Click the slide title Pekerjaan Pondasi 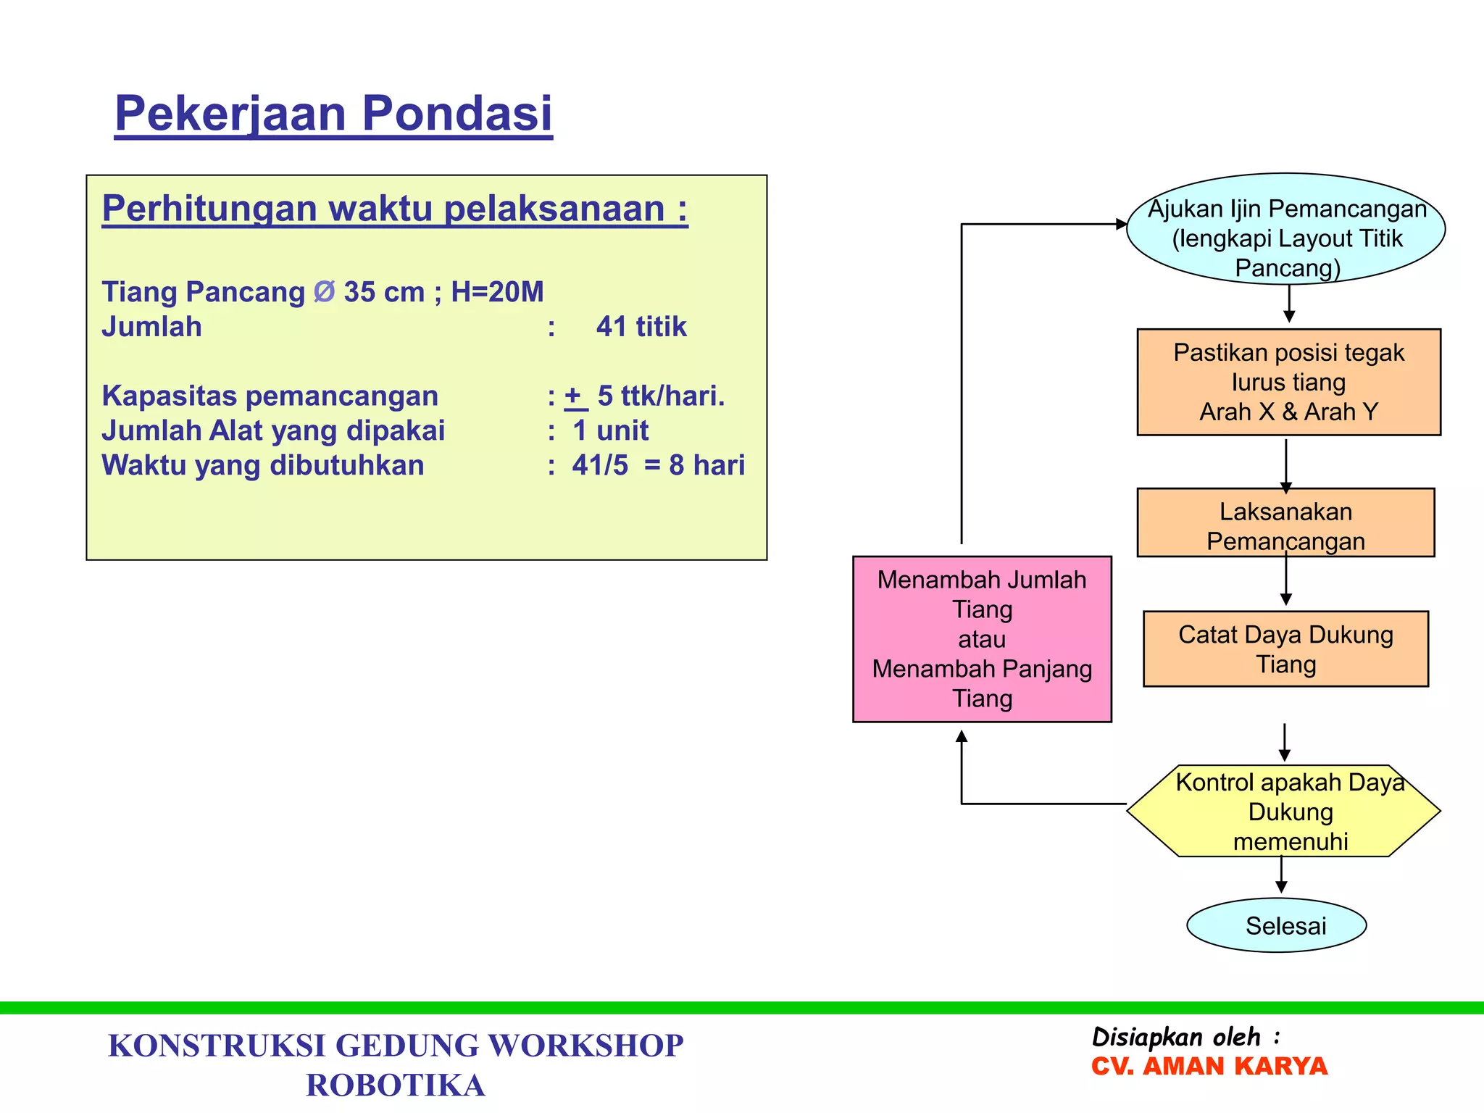point(333,114)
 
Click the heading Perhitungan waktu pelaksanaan point(394,209)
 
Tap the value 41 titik point(641,327)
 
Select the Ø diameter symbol point(324,292)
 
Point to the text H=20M point(497,292)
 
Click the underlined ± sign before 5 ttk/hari point(574,396)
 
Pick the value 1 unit point(610,431)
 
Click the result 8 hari point(706,465)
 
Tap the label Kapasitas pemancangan point(270,396)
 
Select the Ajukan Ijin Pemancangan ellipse point(1286,229)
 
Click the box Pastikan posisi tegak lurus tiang point(1288,382)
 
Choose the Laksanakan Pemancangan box point(1285,523)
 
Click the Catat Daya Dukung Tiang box point(1285,649)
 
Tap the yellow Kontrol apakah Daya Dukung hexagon point(1284,812)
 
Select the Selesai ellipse point(1277,925)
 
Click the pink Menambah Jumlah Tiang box point(982,639)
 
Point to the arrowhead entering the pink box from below point(962,736)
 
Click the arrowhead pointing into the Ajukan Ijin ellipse point(1121,225)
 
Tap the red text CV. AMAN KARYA point(1209,1067)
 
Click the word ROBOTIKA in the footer point(396,1085)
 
